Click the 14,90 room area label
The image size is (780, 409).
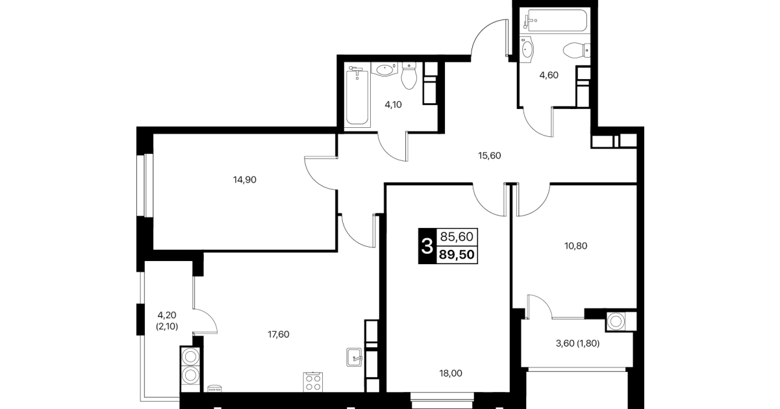[x=245, y=180]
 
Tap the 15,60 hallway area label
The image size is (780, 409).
[x=490, y=156]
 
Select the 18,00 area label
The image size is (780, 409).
[x=451, y=373]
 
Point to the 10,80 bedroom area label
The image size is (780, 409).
[x=575, y=246]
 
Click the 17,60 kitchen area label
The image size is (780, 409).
[x=279, y=334]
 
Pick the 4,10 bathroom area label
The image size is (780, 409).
[x=393, y=105]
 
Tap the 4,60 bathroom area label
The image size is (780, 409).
[x=549, y=75]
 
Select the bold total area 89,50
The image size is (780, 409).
[x=457, y=254]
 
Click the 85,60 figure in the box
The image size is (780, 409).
[x=457, y=237]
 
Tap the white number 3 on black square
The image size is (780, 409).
[x=427, y=246]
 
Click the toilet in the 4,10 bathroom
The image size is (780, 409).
[x=409, y=75]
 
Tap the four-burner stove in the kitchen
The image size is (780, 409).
[x=313, y=382]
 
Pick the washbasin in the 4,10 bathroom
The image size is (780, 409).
[x=384, y=69]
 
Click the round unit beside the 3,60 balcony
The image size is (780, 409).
[x=616, y=321]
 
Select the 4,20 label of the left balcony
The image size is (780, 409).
[x=167, y=316]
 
